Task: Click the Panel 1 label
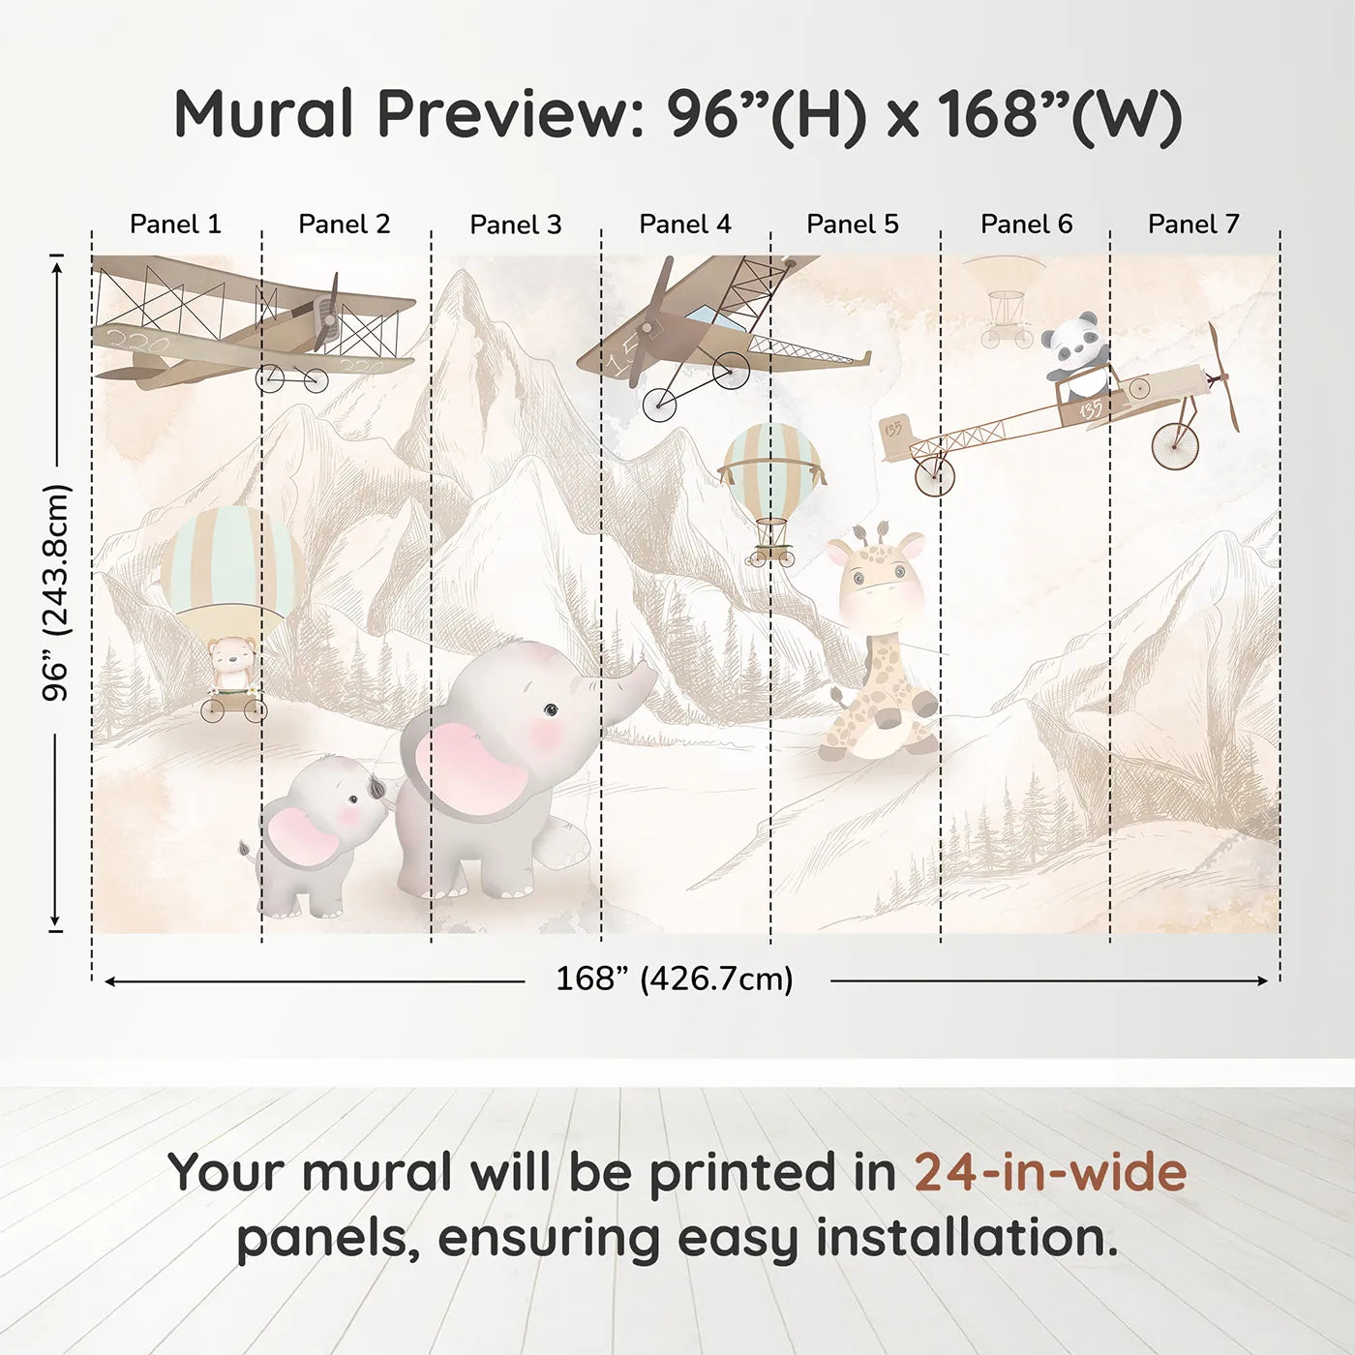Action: coord(175,225)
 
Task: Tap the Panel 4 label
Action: coord(685,225)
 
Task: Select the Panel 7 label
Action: coord(1193,225)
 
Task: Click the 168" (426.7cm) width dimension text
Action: coord(674,979)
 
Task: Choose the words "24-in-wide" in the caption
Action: coord(1050,1172)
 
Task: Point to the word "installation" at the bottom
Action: coord(959,1238)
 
